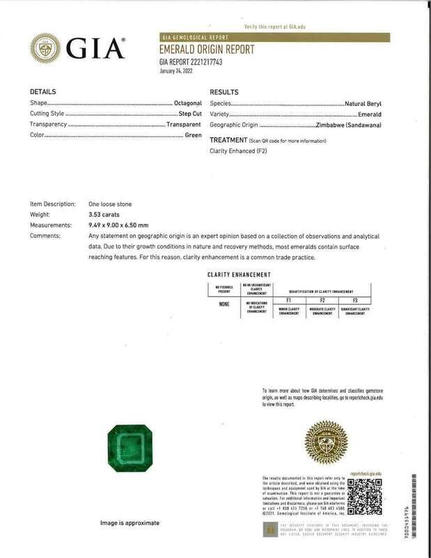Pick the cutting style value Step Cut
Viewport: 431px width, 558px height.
(189, 114)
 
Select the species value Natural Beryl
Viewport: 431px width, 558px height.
(363, 103)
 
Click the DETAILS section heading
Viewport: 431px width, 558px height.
(43, 92)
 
